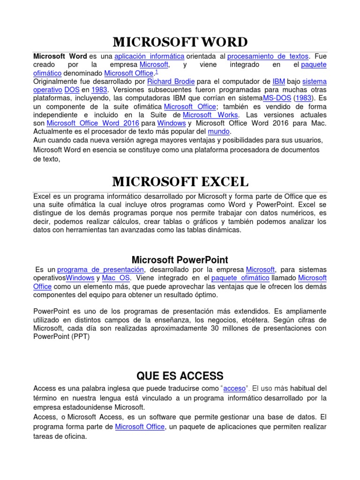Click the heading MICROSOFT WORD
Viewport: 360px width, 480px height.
[x=180, y=42]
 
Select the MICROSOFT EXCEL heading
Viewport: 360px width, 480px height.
[x=180, y=181]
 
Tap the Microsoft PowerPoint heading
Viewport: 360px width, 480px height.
[x=180, y=260]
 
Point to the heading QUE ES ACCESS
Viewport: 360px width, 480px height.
[x=180, y=375]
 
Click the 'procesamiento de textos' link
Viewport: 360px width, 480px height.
[x=268, y=56]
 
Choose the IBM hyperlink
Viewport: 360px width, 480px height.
[x=278, y=82]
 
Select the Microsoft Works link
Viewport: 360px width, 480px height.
[x=210, y=115]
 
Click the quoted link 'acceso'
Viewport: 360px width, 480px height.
[x=234, y=389]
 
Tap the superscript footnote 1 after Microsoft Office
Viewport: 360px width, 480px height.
[x=156, y=72]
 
